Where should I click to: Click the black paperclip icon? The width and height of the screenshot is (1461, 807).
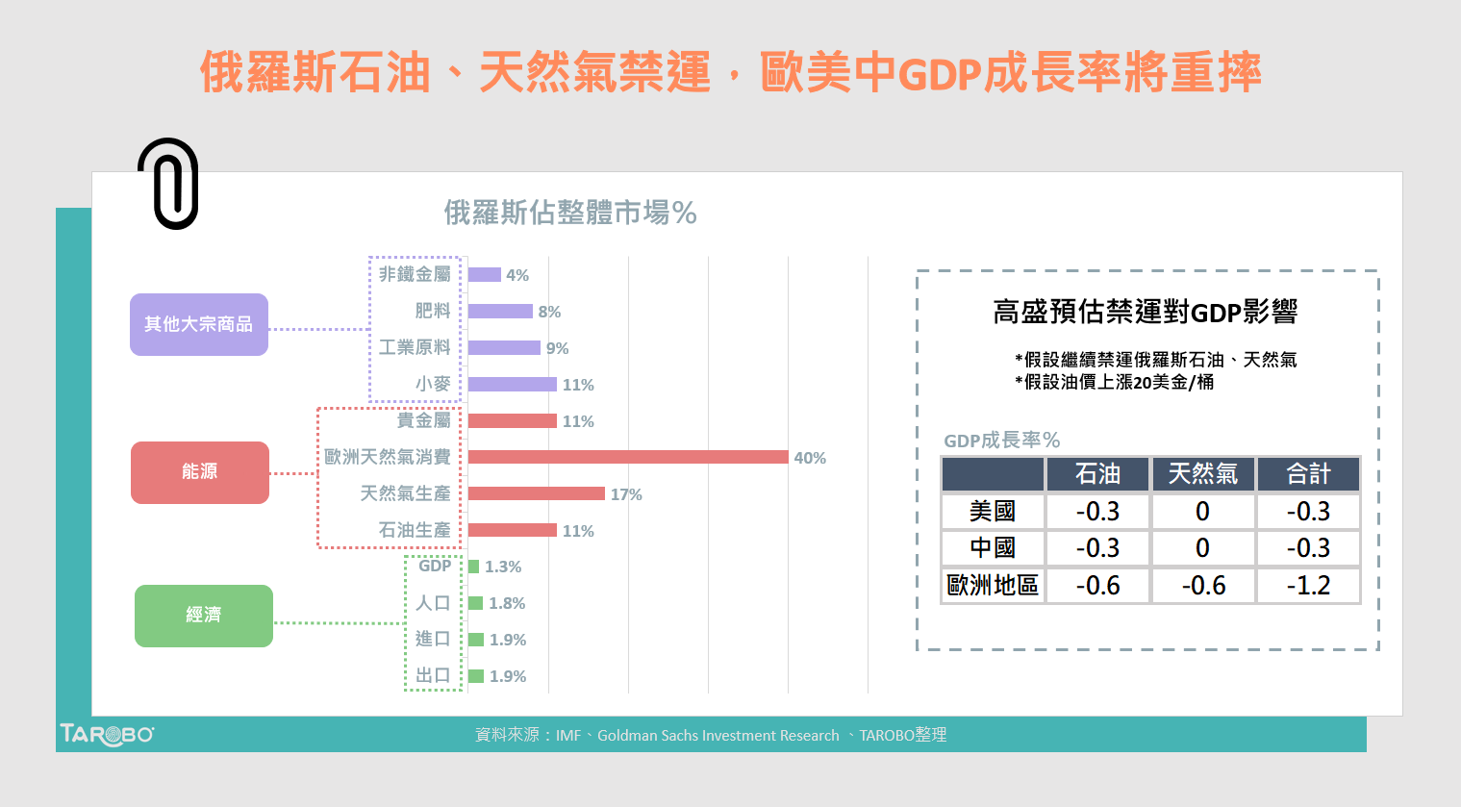pos(168,184)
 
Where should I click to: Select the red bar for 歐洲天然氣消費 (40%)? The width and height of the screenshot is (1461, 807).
pos(628,457)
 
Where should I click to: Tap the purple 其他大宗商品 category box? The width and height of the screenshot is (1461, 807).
pos(199,325)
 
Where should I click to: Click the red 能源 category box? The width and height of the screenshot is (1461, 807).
pos(200,472)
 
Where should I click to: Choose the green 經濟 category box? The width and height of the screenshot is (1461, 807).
pos(204,616)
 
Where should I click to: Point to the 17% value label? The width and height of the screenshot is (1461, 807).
pos(626,494)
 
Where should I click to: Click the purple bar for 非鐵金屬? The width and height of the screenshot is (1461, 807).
pos(485,275)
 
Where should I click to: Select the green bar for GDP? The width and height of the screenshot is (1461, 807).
pos(473,567)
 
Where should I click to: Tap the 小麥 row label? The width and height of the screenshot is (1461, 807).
pos(433,384)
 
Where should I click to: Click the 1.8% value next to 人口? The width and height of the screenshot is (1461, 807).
pos(507,603)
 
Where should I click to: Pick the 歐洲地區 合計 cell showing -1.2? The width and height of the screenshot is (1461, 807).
pos(1308,586)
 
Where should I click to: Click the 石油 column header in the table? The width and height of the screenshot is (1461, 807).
pos(1097,474)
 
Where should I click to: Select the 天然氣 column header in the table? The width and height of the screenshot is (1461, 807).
pos(1202,474)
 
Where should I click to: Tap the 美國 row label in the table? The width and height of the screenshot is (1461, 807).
pos(993,512)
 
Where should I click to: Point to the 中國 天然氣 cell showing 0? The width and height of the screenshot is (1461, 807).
pos(1202,548)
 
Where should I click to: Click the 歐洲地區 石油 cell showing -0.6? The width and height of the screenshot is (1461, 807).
pos(1097,586)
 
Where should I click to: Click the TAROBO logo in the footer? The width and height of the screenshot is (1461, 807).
pos(107,735)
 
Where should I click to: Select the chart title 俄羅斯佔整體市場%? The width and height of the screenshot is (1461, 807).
pos(570,213)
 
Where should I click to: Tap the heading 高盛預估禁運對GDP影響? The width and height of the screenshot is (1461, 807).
pos(1146,312)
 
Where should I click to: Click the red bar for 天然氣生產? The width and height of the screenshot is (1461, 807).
pos(537,493)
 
